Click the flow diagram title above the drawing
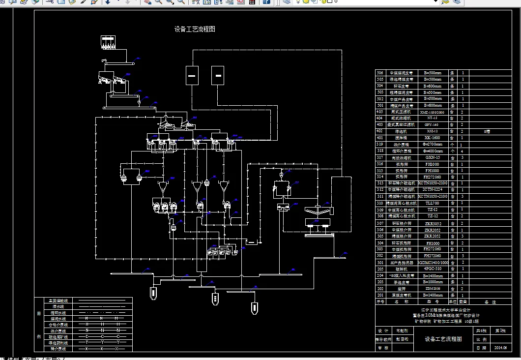pos(195,30)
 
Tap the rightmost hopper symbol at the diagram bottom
pos(254,307)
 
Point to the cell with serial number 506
pos(380,73)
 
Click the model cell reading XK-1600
pos(433,138)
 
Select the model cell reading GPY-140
pos(433,125)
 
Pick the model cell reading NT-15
pos(433,118)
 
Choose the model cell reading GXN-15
pos(433,157)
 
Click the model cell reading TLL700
pos(433,203)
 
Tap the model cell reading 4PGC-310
pos(433,269)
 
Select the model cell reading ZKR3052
pos(433,223)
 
